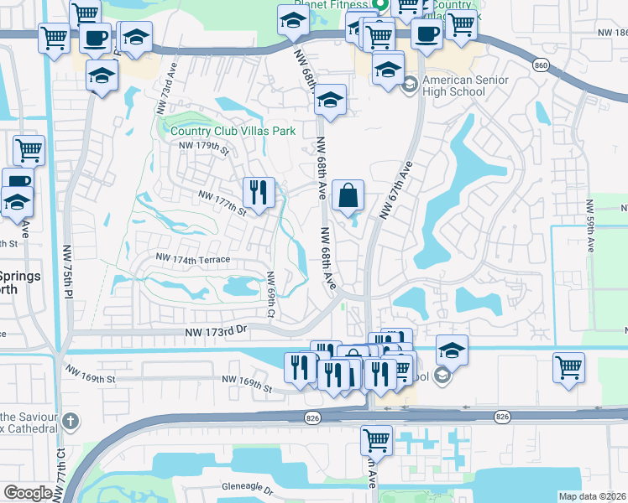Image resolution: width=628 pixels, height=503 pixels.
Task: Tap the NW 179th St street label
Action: (x=204, y=148)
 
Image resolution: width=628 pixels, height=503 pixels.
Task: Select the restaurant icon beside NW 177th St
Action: (x=258, y=192)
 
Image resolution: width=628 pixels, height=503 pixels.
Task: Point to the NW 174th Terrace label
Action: (x=193, y=260)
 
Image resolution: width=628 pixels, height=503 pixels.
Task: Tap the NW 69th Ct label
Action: (x=270, y=295)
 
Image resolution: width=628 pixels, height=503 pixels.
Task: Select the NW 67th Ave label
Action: (x=396, y=191)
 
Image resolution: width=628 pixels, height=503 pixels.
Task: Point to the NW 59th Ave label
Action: (x=590, y=226)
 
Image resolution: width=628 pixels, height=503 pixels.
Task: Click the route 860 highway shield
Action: (x=542, y=64)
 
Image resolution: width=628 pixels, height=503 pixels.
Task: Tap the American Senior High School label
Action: (x=465, y=86)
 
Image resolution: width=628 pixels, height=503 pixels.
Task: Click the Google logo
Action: (x=28, y=493)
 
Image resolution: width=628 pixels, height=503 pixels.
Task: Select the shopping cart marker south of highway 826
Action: (x=376, y=438)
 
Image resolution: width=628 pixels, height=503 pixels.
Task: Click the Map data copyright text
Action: (x=592, y=496)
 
